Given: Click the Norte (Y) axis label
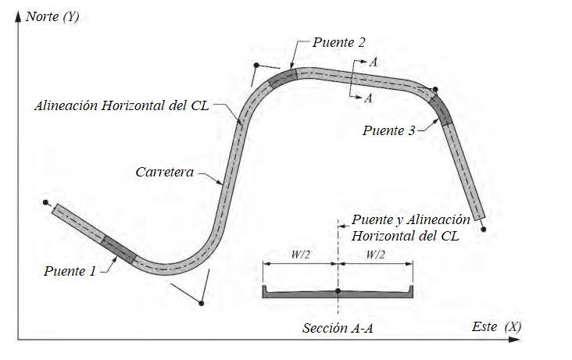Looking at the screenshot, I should point(53,14).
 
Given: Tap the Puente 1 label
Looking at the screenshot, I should point(70,271).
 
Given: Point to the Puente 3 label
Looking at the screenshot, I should point(388,130).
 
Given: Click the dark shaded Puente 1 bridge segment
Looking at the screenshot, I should point(117,248).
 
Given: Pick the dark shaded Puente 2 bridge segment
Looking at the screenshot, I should point(283,77).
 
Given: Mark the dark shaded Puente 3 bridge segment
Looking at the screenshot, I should point(442,109).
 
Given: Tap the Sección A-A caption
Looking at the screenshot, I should point(338,328).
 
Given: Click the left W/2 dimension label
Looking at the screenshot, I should point(300,255).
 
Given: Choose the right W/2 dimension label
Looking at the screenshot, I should point(375,255).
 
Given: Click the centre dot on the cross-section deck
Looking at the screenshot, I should point(338,291).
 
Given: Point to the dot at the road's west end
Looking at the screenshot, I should point(46,203).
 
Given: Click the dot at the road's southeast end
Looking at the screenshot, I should point(484,229).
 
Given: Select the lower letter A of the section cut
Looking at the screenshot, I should point(369,98).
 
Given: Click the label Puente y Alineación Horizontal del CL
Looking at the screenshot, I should point(411,227).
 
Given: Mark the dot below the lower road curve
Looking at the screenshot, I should point(202,302).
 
